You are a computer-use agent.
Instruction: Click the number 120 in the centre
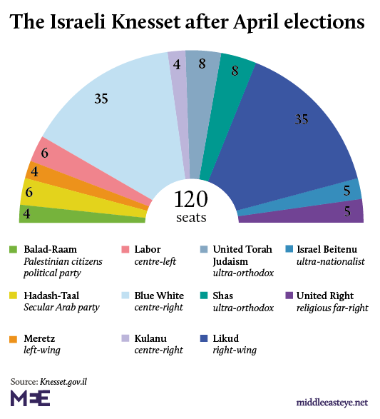click(x=190, y=198)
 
